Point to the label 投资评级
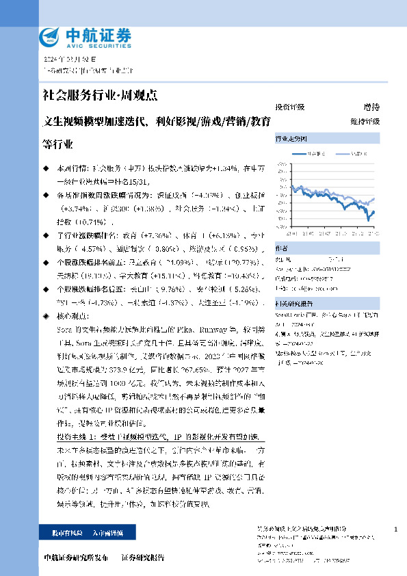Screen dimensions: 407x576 pyautogui.click(x=289, y=107)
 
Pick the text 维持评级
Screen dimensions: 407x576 pyautogui.click(x=365, y=121)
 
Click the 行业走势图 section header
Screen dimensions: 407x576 pyautogui.click(x=290, y=138)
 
